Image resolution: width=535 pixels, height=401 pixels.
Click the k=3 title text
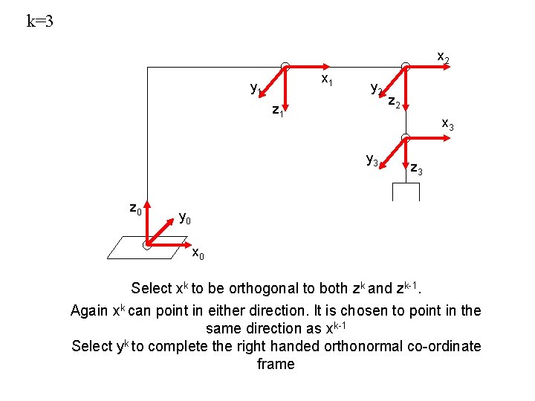coord(40,21)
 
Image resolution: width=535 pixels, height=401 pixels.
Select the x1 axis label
coord(325,78)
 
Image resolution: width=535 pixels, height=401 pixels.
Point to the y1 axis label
coord(256,89)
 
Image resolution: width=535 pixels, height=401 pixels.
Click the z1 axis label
coord(278,111)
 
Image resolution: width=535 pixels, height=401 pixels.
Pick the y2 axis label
coord(376,89)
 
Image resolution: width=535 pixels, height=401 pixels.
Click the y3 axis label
coord(372,159)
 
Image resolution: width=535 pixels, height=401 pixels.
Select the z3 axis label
coord(416,170)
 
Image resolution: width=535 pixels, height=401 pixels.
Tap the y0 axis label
coord(185,218)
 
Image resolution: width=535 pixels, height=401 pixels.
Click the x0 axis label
coord(198,254)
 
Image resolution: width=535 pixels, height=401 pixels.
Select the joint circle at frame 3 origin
coord(405,137)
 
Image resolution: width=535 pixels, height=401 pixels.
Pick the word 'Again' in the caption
coord(88,310)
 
